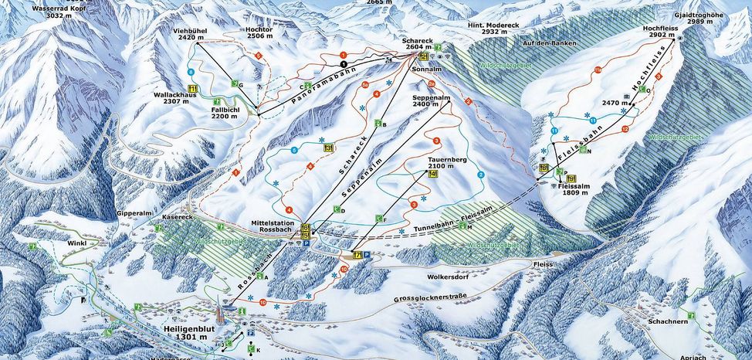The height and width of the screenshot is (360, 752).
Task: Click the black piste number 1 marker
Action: (x=344, y=64)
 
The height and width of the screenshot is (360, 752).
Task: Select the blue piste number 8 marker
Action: (x=191, y=71)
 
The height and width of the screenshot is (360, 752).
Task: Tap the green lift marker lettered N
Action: (x=589, y=152)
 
